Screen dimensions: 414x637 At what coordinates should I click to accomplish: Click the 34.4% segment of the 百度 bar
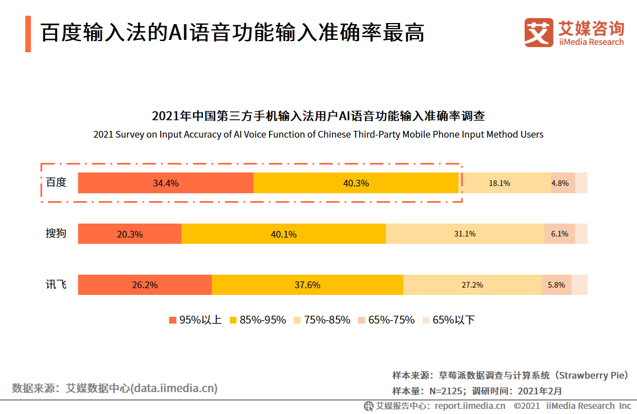tap(166, 183)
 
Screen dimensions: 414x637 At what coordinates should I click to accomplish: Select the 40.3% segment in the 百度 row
tap(356, 183)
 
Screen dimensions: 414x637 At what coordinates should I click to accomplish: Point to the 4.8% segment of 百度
tap(562, 183)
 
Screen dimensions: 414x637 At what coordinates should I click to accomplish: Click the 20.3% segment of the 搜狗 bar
tap(130, 234)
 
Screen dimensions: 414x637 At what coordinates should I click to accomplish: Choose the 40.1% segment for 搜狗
tap(284, 234)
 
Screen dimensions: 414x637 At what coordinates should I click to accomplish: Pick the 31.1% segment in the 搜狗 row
tap(465, 234)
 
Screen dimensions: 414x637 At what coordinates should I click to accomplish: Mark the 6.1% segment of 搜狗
tap(559, 234)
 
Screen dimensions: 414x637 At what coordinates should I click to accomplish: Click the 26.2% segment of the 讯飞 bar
tap(145, 285)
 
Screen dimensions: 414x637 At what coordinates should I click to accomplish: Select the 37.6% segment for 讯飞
tap(307, 285)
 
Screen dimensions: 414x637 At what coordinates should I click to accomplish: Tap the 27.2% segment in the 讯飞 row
tap(472, 285)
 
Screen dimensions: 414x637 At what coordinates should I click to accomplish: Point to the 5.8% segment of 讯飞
tap(556, 285)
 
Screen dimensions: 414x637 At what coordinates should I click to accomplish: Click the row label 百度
tap(56, 183)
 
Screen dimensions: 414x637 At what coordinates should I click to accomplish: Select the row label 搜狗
tap(56, 233)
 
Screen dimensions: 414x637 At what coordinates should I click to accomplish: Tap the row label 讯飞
tap(56, 284)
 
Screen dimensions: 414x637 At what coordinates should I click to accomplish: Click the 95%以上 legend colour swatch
tap(172, 320)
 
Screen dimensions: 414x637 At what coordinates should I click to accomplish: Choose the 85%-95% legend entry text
tap(263, 320)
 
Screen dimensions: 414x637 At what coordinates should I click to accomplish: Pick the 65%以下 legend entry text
tap(453, 320)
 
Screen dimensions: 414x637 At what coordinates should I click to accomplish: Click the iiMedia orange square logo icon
tap(539, 33)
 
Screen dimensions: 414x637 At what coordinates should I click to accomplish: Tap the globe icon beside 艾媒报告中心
tap(368, 406)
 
